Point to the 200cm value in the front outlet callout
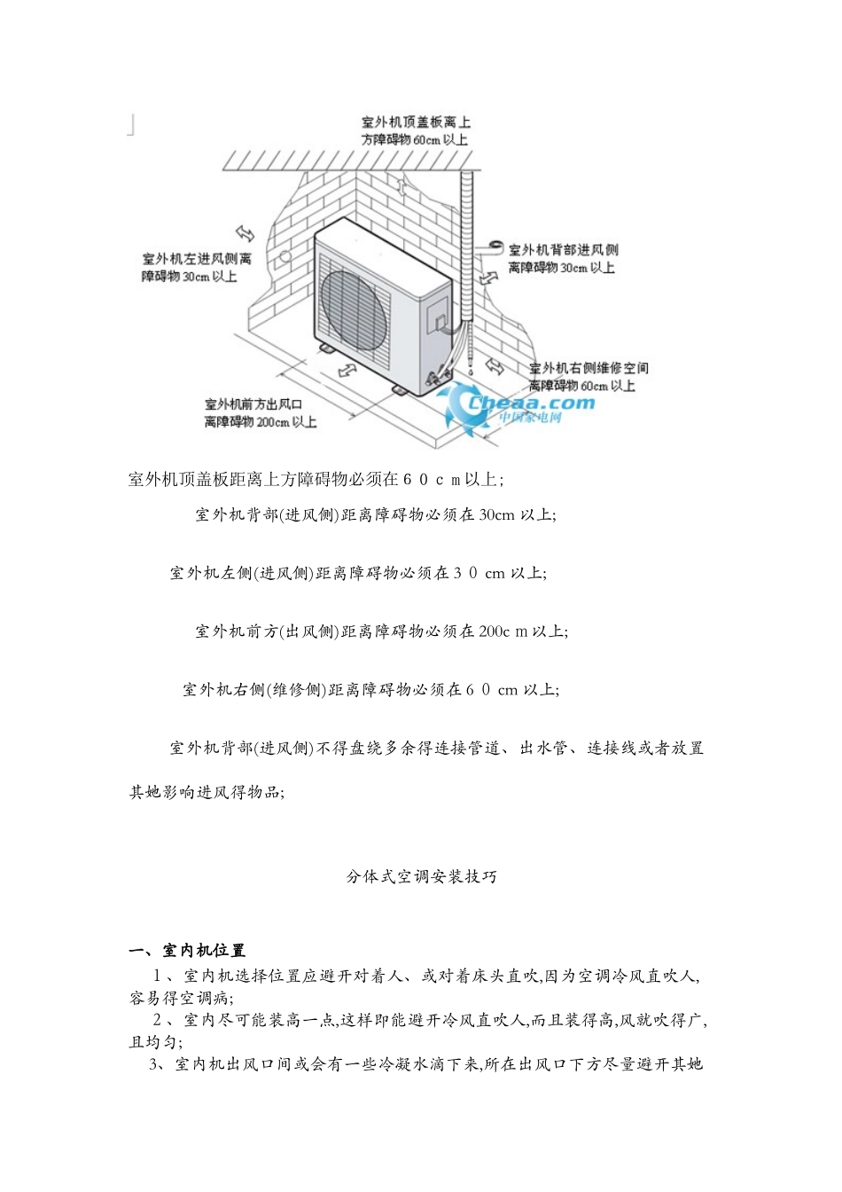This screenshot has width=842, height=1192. coord(269,422)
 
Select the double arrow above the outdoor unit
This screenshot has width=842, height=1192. coord(403,187)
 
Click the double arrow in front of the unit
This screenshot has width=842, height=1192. coord(348,370)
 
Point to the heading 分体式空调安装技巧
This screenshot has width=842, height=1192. coord(421,877)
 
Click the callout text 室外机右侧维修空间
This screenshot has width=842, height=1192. coord(589,368)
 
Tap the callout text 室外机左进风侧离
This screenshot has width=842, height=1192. coord(197,259)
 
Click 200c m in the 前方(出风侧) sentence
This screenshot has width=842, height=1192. coord(503,631)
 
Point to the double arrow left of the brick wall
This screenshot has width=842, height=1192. coord(245,232)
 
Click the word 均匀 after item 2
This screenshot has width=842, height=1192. coord(158,1042)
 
